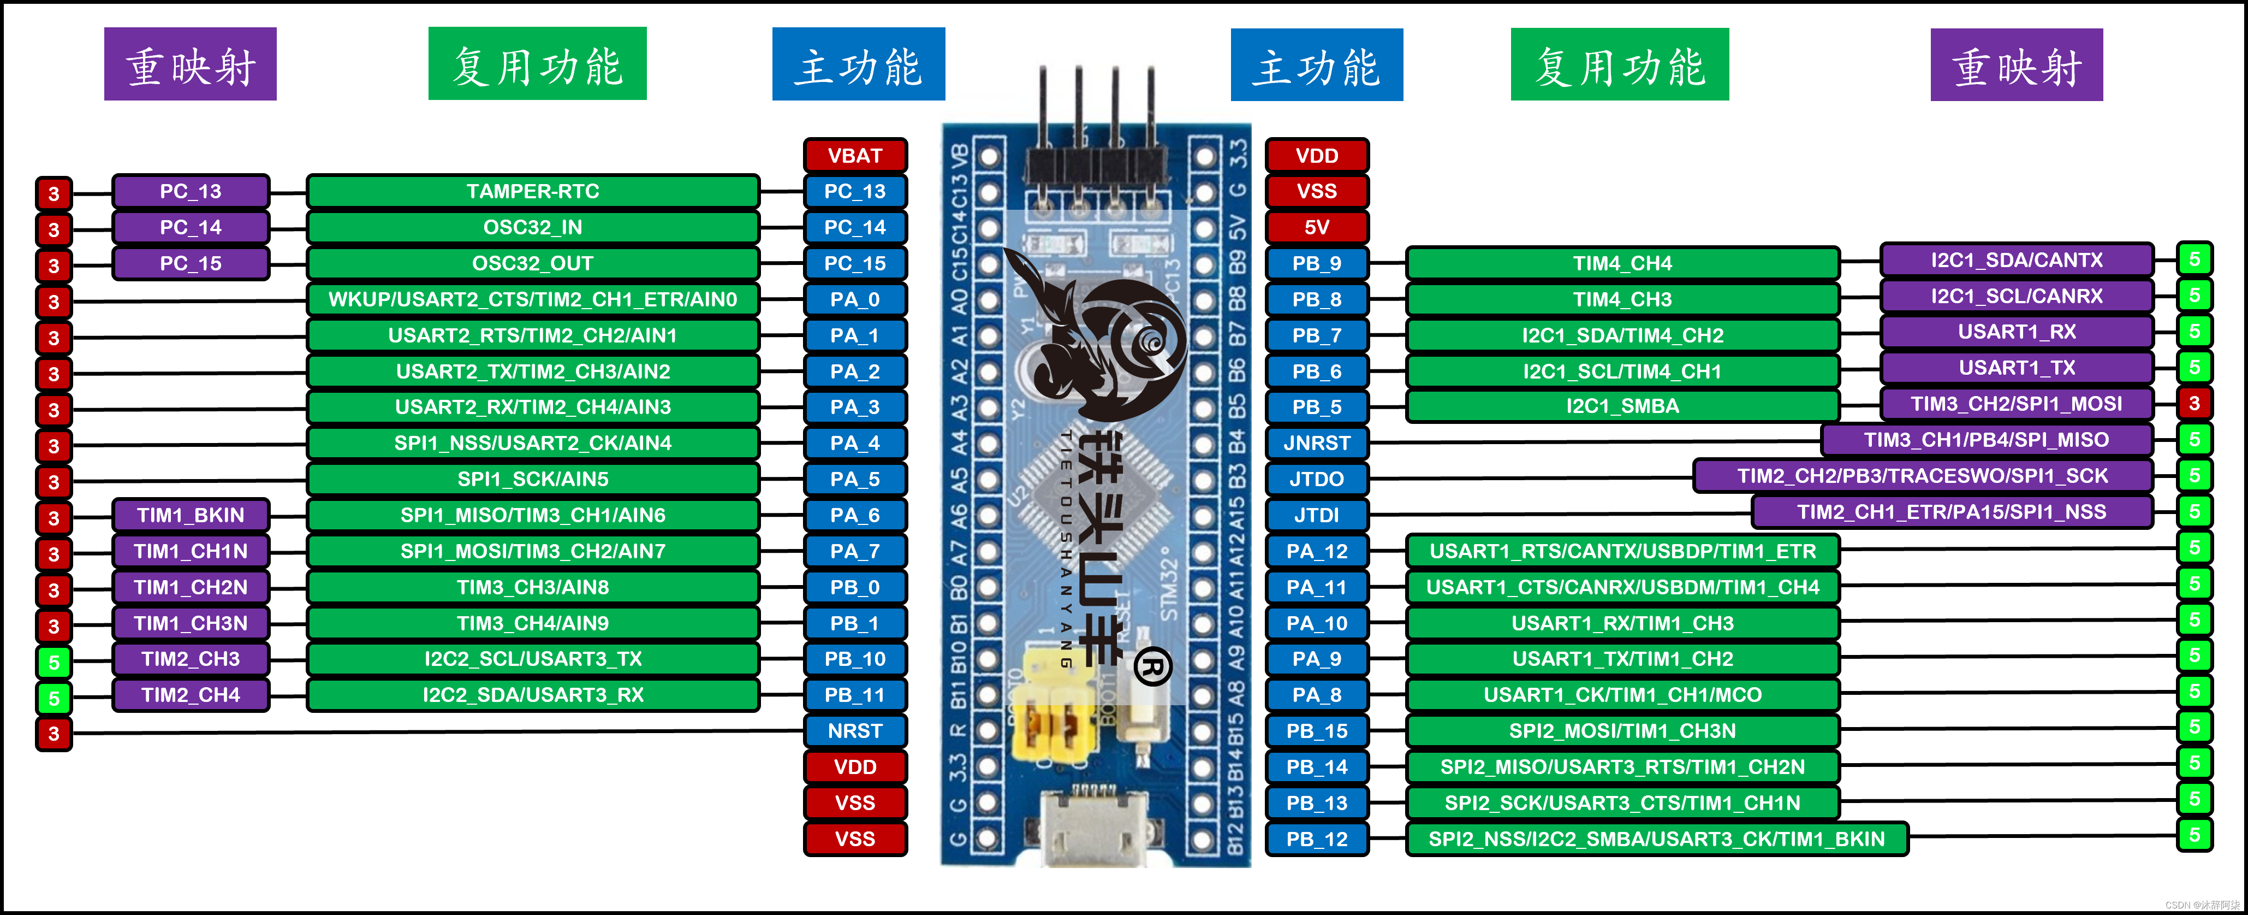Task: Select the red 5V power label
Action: (x=1316, y=227)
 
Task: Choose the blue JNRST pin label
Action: (x=1316, y=442)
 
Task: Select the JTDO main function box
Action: (x=1316, y=479)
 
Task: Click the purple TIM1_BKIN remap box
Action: (x=190, y=515)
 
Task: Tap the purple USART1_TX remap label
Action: (x=2016, y=368)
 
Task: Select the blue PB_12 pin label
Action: (x=1316, y=839)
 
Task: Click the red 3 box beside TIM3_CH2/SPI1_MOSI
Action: (x=2194, y=403)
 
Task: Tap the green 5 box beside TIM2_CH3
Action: (x=53, y=662)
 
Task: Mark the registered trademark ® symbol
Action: (x=1153, y=668)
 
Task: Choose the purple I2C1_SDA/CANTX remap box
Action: (x=2016, y=260)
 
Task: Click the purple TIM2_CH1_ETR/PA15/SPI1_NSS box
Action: (x=1951, y=512)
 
